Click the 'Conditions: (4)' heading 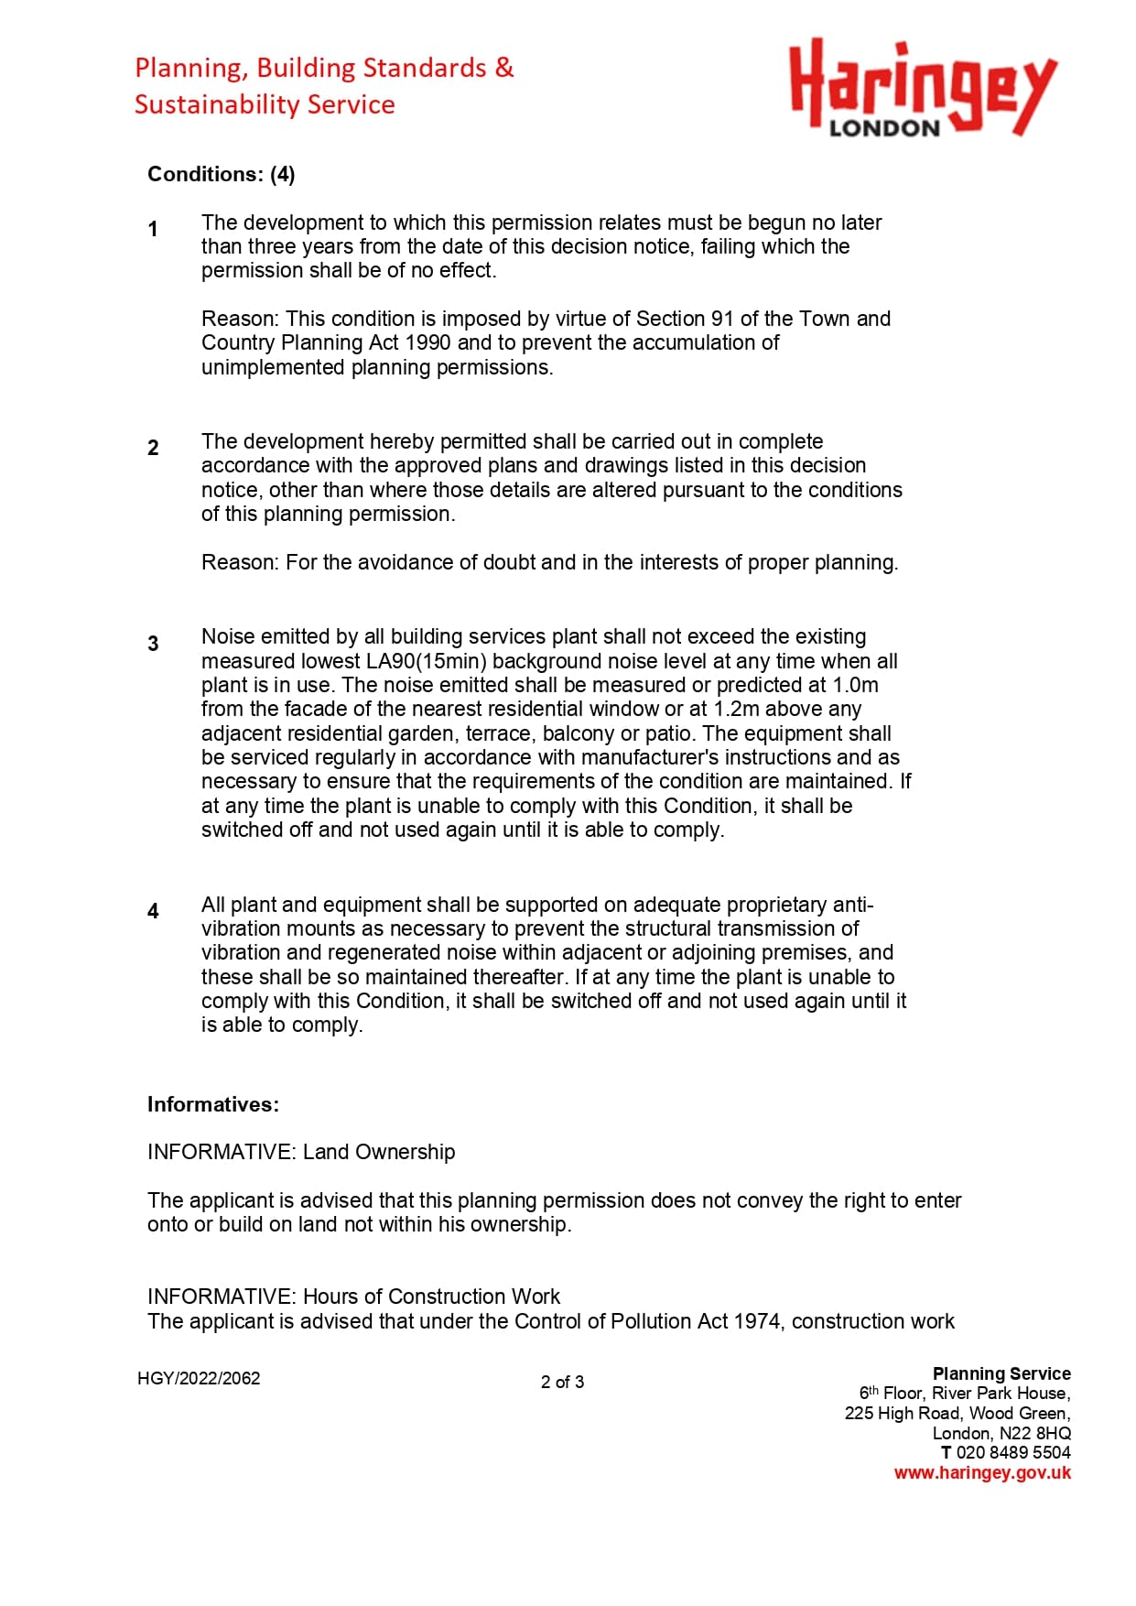pyautogui.click(x=221, y=174)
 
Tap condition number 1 pyautogui.click(x=153, y=229)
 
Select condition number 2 pyautogui.click(x=153, y=448)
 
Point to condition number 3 pyautogui.click(x=153, y=644)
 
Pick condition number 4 pyautogui.click(x=153, y=911)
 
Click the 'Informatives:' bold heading pyautogui.click(x=213, y=1104)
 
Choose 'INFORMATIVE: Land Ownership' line pyautogui.click(x=301, y=1152)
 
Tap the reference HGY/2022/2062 pyautogui.click(x=199, y=1378)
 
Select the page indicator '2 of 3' pyautogui.click(x=562, y=1382)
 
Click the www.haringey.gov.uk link pyautogui.click(x=982, y=1473)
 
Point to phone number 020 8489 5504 pyautogui.click(x=1012, y=1453)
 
